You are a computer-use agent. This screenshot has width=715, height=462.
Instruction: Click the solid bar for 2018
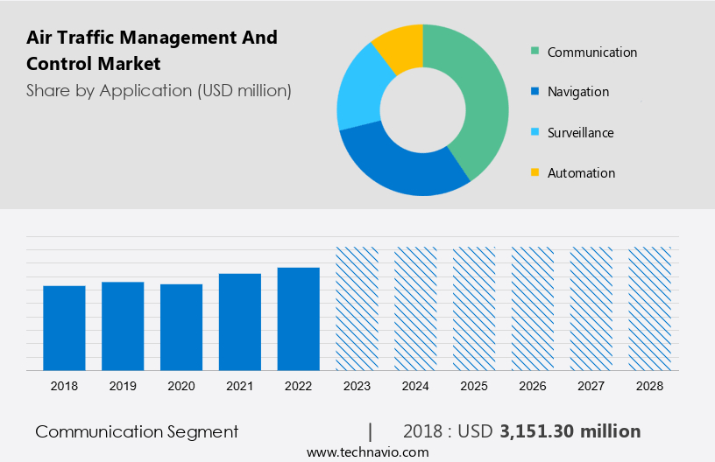64,327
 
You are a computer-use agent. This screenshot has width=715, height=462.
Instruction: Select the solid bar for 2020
181,326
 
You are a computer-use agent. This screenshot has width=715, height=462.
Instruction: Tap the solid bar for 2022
299,318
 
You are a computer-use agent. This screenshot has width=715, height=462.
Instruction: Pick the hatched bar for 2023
357,308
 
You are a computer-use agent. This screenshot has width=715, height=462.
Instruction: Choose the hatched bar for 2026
533,308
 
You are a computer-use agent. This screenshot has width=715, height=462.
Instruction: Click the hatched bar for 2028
650,308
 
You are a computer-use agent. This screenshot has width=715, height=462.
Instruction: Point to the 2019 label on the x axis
123,386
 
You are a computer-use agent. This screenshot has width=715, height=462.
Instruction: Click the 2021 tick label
240,386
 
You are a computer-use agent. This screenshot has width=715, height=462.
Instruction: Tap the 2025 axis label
474,386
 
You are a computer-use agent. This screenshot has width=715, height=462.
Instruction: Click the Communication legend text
592,52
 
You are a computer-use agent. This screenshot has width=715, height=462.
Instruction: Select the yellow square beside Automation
534,173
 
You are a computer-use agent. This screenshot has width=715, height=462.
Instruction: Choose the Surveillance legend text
580,133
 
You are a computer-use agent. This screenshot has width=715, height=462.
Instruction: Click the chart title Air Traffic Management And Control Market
152,51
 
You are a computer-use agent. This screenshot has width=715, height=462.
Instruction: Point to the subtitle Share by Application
159,90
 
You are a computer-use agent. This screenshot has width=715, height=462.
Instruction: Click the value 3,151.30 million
570,431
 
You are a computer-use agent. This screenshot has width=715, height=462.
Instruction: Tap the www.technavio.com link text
367,452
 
